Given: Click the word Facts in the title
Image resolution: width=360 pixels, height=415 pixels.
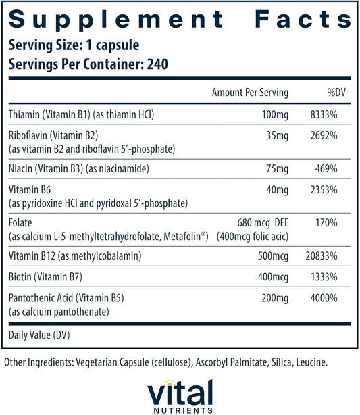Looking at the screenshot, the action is coord(303,20).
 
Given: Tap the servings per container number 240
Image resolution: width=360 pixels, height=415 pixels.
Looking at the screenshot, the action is coord(157,64).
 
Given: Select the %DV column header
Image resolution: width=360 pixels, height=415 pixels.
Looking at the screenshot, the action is coord(336,93).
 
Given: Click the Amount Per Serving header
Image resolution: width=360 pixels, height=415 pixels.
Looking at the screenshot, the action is coord(250,93).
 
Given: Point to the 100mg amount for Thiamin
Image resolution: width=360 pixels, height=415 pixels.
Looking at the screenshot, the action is coord(275,115).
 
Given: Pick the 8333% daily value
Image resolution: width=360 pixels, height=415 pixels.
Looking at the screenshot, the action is coord(324,115).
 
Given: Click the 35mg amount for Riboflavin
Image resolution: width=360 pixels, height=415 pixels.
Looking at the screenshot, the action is coord(277,136).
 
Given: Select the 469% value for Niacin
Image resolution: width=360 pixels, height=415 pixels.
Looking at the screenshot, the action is coord(326,168).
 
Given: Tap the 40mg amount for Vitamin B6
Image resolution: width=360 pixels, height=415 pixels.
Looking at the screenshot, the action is coord(277,190).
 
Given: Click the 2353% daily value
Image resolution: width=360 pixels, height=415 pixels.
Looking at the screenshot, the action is coord(324,190).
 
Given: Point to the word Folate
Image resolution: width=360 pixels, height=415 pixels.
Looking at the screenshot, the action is coord(20,222).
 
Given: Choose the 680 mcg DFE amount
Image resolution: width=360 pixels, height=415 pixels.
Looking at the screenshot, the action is coord(263,223).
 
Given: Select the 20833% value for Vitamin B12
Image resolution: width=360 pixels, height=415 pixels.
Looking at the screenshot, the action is coord(322,256).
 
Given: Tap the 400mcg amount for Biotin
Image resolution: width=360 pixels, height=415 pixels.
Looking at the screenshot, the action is coord(273,277).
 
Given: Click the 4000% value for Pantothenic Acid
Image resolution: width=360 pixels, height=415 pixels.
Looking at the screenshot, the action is coord(324,298).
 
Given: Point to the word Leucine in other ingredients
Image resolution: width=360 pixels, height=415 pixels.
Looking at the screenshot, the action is coord(312,362).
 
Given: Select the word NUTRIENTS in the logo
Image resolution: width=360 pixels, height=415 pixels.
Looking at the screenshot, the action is coord(183,410).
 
